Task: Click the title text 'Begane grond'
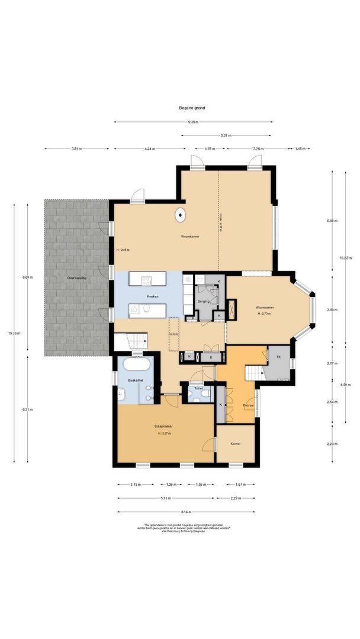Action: [192, 108]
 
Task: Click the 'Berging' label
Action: [204, 301]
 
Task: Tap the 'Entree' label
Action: [248, 405]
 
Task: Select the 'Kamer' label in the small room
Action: [236, 443]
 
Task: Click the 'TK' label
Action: [278, 357]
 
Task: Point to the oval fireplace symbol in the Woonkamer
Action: [179, 216]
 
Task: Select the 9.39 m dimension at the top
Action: [193, 122]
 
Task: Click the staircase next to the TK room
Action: [255, 373]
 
